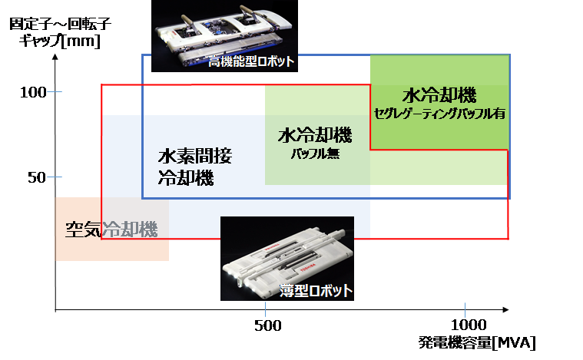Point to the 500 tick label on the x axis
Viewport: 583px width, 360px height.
265,325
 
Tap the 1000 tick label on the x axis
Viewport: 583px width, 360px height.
464,325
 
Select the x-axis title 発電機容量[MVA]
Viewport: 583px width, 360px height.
477,342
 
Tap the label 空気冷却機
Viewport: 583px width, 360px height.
111,229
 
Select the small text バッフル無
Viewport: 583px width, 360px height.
315,154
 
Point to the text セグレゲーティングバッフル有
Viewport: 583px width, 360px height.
439,113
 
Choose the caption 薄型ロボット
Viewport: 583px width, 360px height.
316,291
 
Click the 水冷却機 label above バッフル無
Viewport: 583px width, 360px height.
315,137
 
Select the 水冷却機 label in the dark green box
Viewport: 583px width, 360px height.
439,96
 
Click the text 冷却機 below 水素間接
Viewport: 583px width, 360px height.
186,179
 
